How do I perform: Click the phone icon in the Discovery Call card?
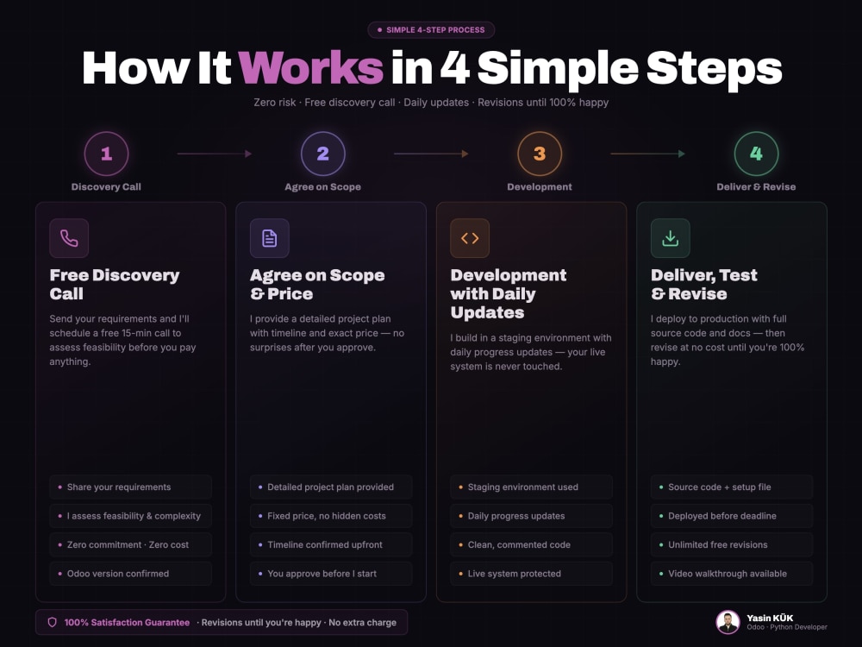[69, 238]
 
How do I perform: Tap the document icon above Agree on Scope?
[269, 238]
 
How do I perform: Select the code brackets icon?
[470, 238]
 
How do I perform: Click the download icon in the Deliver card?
[670, 238]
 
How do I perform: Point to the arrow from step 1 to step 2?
[215, 154]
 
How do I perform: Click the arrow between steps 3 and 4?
[647, 154]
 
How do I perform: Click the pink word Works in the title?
[310, 68]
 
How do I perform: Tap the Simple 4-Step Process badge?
[431, 29]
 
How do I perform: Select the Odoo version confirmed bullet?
[130, 574]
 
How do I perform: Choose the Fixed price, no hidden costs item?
[331, 516]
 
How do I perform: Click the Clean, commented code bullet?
[531, 544]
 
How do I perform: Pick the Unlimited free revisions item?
[732, 544]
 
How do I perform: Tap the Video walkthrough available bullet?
[732, 574]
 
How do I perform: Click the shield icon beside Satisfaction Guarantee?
[53, 622]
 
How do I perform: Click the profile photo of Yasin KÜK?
[728, 622]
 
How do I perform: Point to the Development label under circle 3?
[540, 187]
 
